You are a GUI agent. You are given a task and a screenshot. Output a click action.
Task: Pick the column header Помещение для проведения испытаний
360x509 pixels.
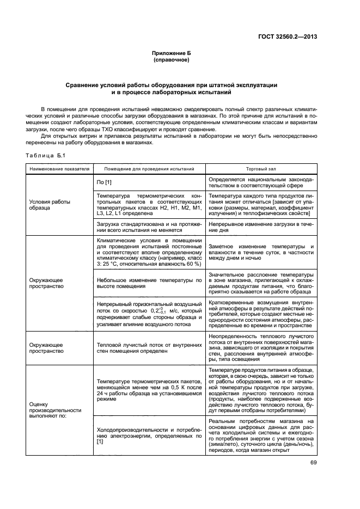[149, 169]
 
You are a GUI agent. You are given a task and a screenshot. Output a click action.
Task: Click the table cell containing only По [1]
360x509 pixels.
[104, 181]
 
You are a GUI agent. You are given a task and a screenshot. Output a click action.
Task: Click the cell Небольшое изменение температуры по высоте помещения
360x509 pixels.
[149, 283]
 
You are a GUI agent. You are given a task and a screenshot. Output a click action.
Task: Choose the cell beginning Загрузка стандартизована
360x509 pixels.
[149, 227]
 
